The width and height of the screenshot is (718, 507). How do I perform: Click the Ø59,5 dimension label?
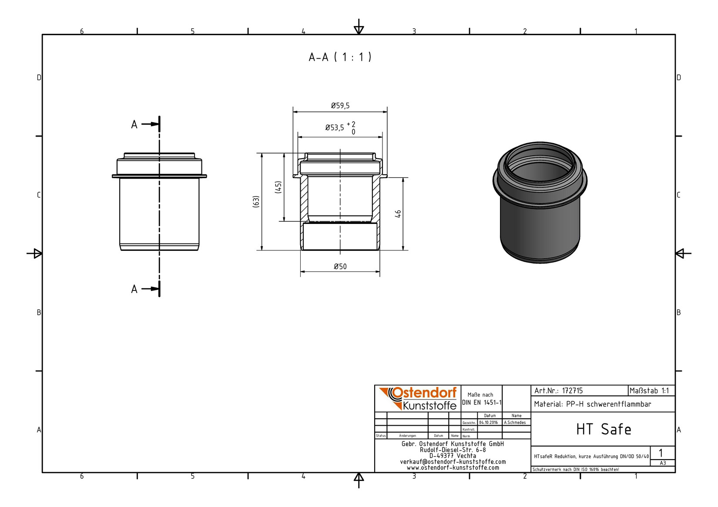coord(340,105)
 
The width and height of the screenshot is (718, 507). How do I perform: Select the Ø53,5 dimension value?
coord(334,127)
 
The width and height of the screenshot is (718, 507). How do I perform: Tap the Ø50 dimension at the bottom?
coord(340,266)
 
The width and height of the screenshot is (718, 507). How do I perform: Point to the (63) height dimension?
coord(256,201)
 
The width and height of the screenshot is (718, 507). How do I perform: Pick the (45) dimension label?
coord(278,187)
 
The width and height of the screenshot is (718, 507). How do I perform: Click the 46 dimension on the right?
coord(398,213)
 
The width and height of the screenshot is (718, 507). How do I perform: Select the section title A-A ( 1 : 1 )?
coord(340,57)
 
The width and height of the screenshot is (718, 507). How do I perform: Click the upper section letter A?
coord(134,124)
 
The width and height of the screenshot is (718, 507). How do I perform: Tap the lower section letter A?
coord(134,289)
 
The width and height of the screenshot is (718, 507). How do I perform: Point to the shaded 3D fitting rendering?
coord(540,203)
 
